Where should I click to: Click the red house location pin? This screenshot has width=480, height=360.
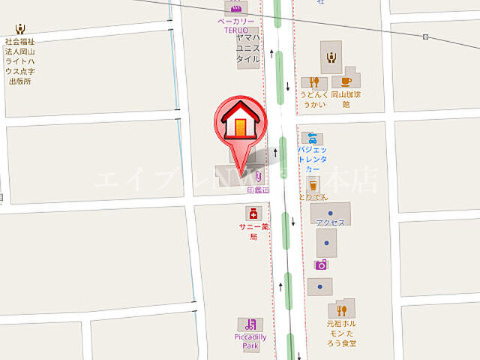(x=240, y=124)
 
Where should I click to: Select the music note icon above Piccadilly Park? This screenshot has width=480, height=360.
(x=250, y=325)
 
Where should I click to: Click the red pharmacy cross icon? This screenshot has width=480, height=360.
(x=253, y=214)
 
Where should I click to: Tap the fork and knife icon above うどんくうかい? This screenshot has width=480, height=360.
(x=314, y=82)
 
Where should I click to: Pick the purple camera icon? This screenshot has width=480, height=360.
(x=321, y=264)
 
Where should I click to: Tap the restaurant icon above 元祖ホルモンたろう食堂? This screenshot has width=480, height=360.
(x=342, y=310)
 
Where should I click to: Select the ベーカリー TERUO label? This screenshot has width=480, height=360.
(x=237, y=28)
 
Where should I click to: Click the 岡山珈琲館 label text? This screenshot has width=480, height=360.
(x=346, y=100)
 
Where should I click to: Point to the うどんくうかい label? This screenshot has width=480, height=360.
(x=314, y=100)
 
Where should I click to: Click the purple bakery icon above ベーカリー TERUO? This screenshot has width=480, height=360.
(x=237, y=8)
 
